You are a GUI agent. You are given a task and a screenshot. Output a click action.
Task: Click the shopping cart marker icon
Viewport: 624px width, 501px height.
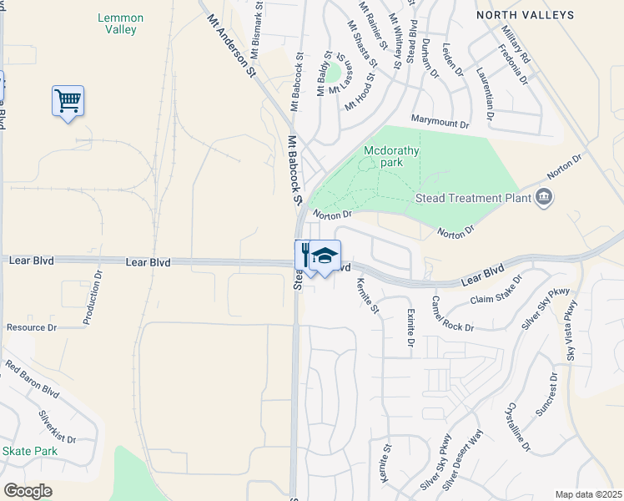pos(68,101)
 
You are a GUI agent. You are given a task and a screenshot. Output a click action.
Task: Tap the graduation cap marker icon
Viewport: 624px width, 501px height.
pos(325,256)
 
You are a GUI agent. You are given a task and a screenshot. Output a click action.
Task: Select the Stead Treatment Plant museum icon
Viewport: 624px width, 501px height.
pos(545,198)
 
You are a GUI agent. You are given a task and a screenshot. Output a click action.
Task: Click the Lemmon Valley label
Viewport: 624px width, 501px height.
pos(121,23)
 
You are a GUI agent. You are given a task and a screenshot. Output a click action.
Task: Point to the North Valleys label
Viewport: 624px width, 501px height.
pos(526,15)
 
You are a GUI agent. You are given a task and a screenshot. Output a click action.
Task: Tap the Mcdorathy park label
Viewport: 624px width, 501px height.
pos(391,157)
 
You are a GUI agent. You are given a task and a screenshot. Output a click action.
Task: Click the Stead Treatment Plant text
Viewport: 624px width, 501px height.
pos(473,199)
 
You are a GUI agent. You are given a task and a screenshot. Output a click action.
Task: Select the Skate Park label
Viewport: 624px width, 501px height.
pos(29,451)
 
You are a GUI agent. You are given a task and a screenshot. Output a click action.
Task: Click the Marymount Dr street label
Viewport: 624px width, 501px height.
pos(440,123)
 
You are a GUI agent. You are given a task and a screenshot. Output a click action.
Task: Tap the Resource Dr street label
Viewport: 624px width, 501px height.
pos(31,328)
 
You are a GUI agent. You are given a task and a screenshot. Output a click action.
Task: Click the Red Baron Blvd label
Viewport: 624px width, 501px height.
pos(33,378)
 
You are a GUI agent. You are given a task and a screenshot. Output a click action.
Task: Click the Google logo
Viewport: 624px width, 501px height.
pos(28,491)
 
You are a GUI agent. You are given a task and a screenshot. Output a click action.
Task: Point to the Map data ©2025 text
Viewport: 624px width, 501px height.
pos(588,494)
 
